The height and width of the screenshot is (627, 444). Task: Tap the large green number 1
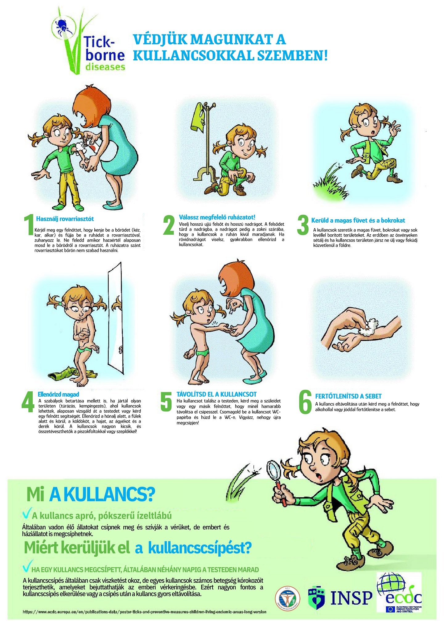click(x=29, y=225)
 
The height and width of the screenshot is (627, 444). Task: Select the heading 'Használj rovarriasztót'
click(x=65, y=219)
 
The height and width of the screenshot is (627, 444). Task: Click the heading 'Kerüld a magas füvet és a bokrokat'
click(x=358, y=220)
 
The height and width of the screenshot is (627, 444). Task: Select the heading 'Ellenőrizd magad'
click(x=58, y=394)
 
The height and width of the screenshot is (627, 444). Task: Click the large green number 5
click(x=166, y=402)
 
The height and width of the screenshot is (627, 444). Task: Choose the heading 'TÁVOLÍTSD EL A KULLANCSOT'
click(x=216, y=394)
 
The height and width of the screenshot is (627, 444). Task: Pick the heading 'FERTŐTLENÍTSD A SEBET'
click(x=348, y=396)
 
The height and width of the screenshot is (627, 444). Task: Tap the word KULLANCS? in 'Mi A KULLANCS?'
click(x=101, y=495)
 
